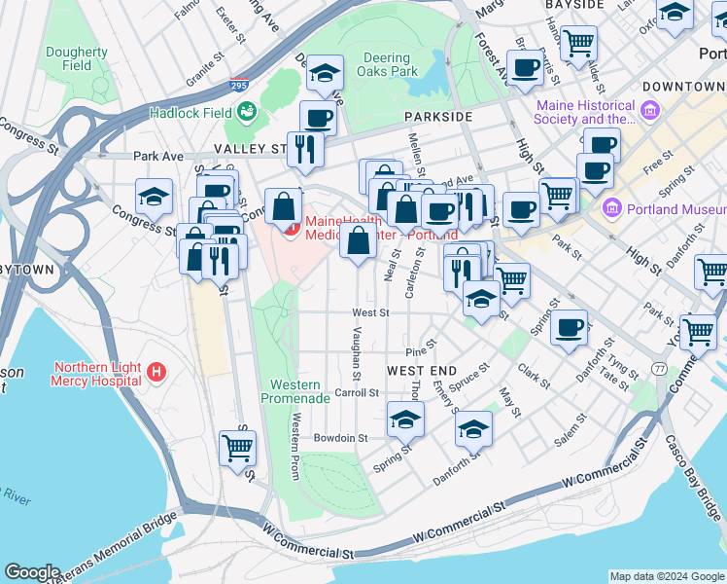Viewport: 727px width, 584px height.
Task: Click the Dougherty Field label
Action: point(76,59)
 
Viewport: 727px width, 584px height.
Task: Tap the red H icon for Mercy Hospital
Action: point(156,372)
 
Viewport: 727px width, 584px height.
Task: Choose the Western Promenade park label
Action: point(295,391)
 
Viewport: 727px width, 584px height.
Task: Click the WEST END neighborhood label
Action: point(421,372)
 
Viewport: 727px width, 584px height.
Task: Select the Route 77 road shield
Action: point(659,369)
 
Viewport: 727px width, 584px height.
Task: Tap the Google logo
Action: point(32,572)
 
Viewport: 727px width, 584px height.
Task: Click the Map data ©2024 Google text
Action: point(666,576)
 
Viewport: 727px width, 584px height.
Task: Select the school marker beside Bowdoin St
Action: point(405,419)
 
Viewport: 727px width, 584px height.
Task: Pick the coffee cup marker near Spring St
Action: point(570,326)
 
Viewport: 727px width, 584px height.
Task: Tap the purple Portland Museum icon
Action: point(612,207)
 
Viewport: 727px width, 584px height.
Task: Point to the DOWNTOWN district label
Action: point(684,87)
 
